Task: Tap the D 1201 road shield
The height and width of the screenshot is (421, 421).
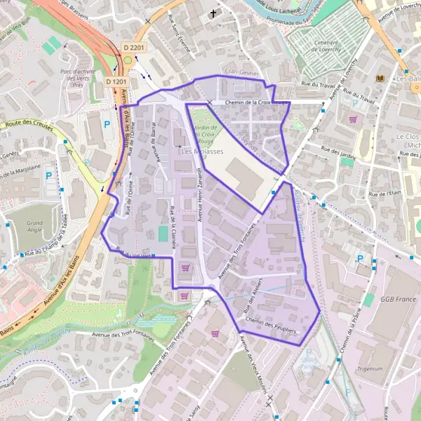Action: point(115,82)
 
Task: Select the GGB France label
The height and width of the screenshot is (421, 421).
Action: point(398,300)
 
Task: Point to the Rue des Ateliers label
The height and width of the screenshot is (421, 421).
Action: point(255,301)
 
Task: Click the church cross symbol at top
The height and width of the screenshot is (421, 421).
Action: point(213,14)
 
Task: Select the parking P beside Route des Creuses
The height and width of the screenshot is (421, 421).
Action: point(107,124)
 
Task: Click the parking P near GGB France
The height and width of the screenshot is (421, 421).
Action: point(360,258)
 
